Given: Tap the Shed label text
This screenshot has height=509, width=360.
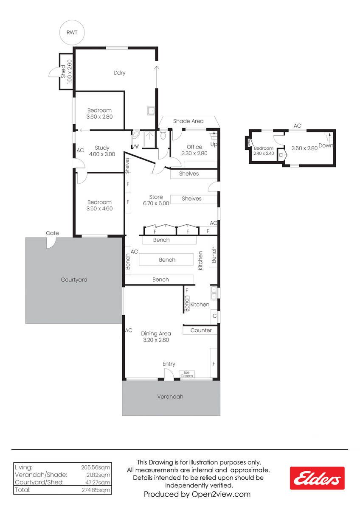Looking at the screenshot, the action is (63, 72).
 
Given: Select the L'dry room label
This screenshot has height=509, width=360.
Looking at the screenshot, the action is (120, 73).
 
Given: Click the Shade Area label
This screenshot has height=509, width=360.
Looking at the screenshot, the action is (188, 121).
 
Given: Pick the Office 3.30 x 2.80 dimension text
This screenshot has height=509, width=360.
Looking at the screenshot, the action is (194, 154).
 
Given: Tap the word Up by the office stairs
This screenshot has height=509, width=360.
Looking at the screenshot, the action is (214, 144).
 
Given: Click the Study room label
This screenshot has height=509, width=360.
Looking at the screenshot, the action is (102, 148).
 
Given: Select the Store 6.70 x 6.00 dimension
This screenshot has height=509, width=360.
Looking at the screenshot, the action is (156, 203).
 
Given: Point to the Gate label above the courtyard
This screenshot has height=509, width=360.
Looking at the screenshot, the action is (52, 233).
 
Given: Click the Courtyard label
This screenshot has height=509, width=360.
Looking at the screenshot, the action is (74, 280).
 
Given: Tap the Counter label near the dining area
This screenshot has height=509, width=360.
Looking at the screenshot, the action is (201, 330).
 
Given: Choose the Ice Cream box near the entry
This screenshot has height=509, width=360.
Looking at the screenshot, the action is (187, 374).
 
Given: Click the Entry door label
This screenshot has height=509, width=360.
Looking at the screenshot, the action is (169, 364).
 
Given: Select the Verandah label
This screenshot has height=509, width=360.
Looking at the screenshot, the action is (170, 397).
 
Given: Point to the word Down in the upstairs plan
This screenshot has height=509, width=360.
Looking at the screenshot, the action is (326, 145).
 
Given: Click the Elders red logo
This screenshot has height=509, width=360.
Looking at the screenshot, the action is (317, 478).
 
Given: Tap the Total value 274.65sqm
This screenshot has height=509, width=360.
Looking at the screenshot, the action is (96, 490).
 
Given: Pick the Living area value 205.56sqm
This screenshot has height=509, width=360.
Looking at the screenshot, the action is (96, 467).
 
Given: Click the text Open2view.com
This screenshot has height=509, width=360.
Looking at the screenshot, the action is (221, 494).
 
